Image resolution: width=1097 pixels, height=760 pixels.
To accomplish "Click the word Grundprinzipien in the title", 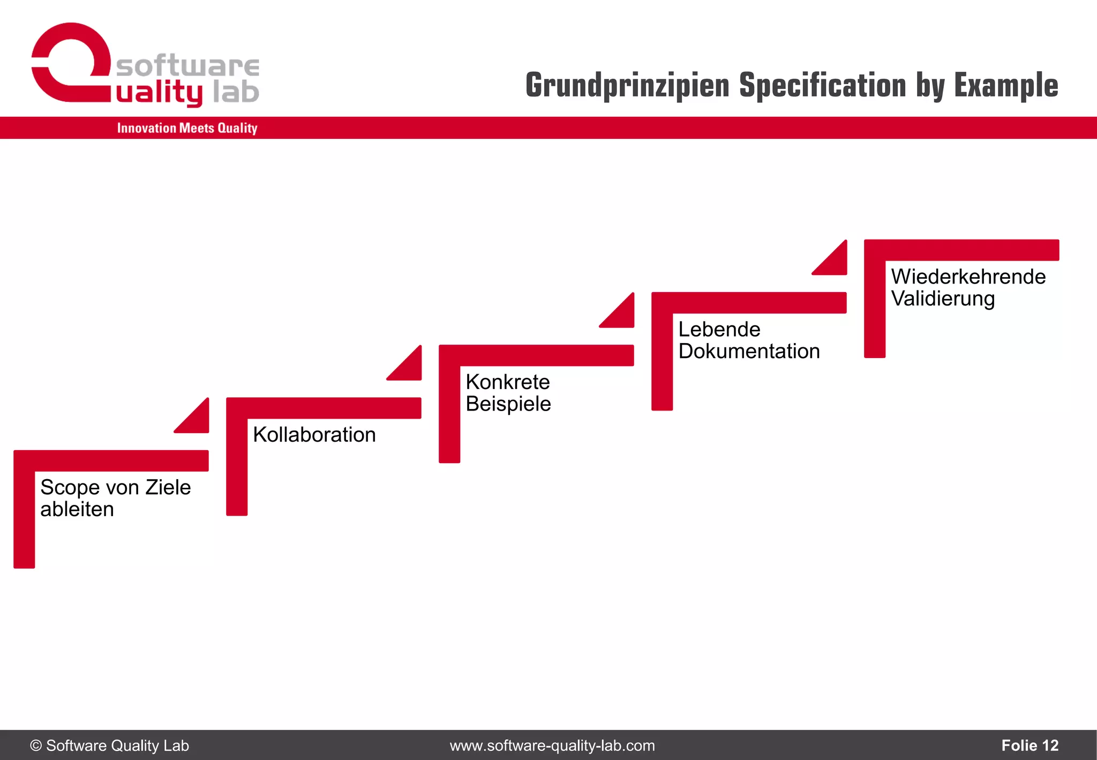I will pos(627,86).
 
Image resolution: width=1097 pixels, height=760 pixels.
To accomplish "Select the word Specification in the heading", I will pos(822,86).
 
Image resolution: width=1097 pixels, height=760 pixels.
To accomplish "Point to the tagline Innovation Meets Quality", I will pos(187,128).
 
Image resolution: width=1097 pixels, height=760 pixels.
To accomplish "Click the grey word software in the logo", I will pos(187,66).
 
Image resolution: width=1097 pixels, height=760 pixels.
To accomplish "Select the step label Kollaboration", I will pos(314,435).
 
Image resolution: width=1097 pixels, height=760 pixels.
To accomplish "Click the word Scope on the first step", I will pos(70,488).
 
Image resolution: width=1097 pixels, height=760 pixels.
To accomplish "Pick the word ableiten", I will pos(77,509).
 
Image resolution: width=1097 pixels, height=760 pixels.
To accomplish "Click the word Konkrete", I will pos(507,382).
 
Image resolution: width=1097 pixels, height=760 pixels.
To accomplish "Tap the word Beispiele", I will pos(508,404).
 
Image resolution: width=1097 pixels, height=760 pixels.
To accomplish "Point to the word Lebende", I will pos(719,330).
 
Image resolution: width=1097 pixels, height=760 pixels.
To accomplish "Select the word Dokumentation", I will pos(749,352).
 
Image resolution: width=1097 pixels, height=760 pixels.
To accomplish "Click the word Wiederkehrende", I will pos(968,277).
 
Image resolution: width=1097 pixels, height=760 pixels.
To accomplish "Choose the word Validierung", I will pos(943,299).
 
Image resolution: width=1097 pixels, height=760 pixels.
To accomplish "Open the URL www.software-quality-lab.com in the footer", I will pos(552,746).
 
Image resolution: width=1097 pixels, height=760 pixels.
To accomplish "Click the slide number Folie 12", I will pos(1030,746).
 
